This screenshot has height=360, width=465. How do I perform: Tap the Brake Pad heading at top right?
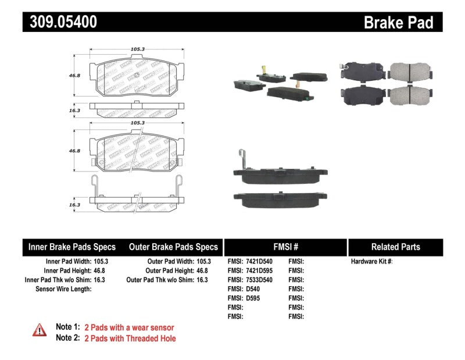[x=398, y=23]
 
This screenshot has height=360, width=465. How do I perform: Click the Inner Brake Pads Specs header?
[x=72, y=247]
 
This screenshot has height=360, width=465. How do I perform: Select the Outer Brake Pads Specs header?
[x=173, y=247]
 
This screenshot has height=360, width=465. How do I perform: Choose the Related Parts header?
[x=395, y=247]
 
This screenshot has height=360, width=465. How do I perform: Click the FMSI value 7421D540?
[x=259, y=262]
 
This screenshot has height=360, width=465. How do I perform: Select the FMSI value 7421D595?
[x=259, y=270]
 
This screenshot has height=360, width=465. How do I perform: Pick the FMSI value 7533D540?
[x=259, y=280]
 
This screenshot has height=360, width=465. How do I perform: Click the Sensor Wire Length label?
[x=63, y=288]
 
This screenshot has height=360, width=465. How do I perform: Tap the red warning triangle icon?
[x=40, y=330]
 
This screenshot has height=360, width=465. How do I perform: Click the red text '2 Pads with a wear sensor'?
[x=129, y=327]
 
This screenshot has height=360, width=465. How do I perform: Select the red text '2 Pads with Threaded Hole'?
[x=130, y=338]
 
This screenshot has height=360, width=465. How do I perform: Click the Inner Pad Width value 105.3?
[x=101, y=262]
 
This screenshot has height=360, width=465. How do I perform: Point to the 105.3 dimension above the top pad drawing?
[x=137, y=50]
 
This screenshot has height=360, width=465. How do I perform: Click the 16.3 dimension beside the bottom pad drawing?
[x=73, y=205]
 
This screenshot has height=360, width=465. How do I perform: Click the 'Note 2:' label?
[x=67, y=338]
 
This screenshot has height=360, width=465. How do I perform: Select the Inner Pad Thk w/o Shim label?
[x=56, y=280]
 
